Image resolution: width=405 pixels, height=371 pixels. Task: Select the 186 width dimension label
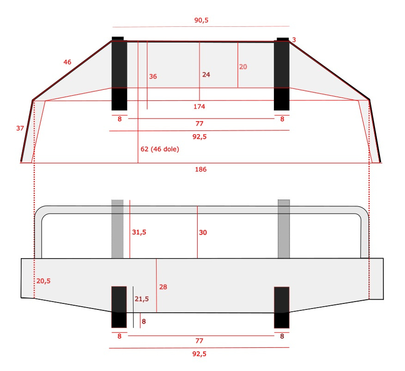(200, 169)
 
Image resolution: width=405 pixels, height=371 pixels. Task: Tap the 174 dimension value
(199, 107)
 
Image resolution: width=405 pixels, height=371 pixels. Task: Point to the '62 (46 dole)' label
(160, 149)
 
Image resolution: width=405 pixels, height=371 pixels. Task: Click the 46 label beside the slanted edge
(67, 62)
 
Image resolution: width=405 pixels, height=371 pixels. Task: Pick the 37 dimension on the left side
(20, 128)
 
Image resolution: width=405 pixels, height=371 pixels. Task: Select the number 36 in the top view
(153, 76)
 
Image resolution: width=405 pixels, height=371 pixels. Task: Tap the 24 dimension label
(206, 74)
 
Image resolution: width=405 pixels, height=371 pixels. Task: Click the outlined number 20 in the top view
(243, 67)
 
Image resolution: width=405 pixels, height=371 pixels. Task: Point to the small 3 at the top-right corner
(294, 40)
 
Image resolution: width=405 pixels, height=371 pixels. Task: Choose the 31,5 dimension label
(139, 232)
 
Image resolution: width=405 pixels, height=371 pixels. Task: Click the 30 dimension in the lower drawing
(203, 232)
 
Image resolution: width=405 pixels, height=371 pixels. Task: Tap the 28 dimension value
(163, 287)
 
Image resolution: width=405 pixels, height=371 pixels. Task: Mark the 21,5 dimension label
(141, 299)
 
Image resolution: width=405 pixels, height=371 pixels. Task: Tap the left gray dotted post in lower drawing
(118, 229)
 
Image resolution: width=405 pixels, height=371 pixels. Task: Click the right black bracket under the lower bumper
(282, 307)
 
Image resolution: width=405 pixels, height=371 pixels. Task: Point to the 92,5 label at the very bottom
(199, 354)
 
